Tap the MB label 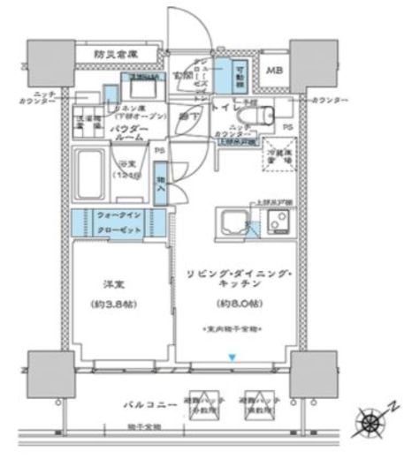tap(275, 71)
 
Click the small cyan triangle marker tap(232, 357)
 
